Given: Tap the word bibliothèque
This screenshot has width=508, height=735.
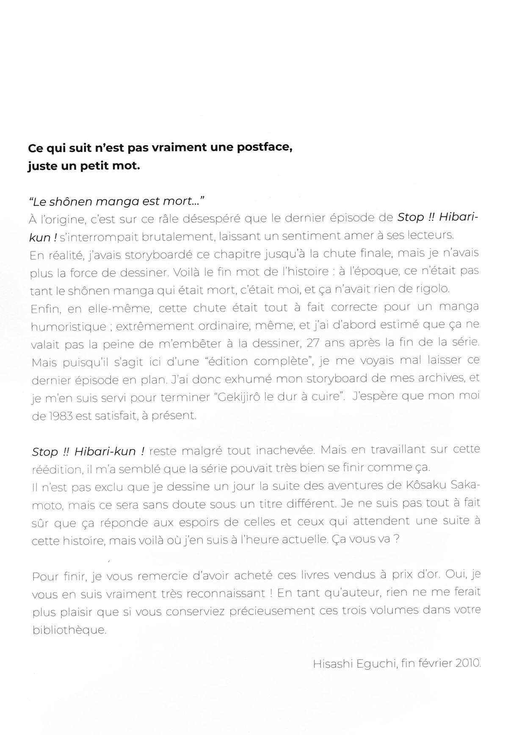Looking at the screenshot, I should [x=69, y=630].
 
